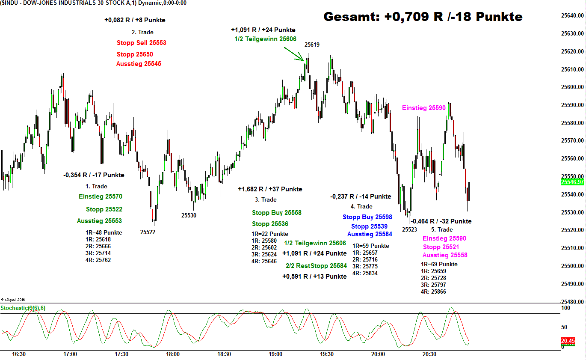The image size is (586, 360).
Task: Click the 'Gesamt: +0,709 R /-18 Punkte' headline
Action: click(x=423, y=17)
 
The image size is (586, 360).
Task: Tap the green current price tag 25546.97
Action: click(x=572, y=182)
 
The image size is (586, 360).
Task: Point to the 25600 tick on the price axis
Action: click(x=572, y=87)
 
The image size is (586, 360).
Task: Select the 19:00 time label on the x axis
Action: click(x=275, y=354)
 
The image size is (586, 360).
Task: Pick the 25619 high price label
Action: click(x=312, y=45)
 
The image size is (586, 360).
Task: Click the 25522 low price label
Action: click(x=148, y=232)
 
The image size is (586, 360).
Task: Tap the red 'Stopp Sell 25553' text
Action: click(x=141, y=43)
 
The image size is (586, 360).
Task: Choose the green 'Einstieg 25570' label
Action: click(x=101, y=196)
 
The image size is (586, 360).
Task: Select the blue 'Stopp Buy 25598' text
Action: click(x=367, y=217)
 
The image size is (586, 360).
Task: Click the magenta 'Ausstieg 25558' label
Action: click(x=444, y=255)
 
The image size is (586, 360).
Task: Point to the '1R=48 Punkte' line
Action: click(x=104, y=232)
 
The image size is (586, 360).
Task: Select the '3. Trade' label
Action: click(x=266, y=199)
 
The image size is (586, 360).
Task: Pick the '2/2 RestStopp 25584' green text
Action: click(x=316, y=266)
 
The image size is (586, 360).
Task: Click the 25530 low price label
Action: click(x=189, y=215)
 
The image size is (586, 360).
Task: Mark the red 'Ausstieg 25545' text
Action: click(x=139, y=64)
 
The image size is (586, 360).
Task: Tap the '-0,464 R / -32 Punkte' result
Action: click(x=441, y=221)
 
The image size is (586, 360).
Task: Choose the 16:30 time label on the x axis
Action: click(x=19, y=354)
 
